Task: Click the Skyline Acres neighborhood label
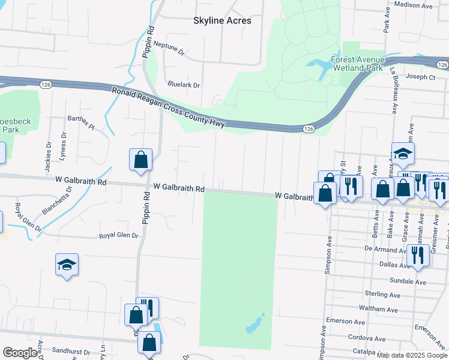click(222, 20)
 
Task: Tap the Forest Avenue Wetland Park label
click(366, 64)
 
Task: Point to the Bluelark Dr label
click(184, 85)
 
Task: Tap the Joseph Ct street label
click(420, 77)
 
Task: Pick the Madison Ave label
click(414, 5)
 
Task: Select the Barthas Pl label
click(82, 124)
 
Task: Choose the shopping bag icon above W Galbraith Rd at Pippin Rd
click(140, 160)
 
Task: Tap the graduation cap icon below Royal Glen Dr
click(67, 265)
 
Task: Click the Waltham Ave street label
click(381, 310)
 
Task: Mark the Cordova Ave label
click(366, 337)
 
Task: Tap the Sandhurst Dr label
click(71, 349)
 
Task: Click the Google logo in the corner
click(20, 353)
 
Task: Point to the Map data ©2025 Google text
click(411, 355)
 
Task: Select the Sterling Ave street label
click(382, 294)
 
